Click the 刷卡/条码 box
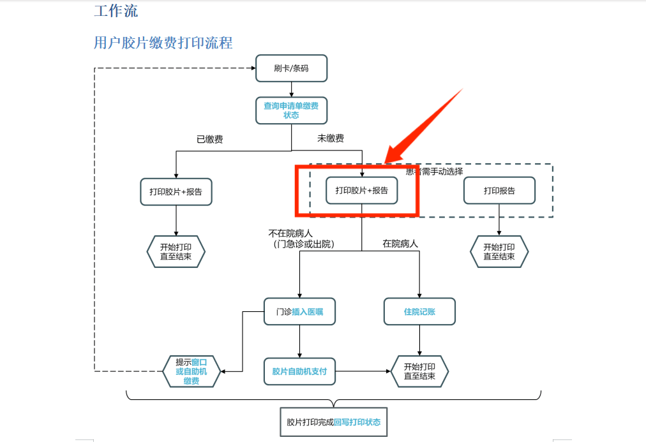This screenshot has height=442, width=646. click(x=291, y=68)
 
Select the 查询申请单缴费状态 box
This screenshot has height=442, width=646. click(x=291, y=110)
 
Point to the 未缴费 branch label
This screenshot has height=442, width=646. click(x=331, y=138)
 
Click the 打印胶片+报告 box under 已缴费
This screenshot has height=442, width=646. click(x=176, y=191)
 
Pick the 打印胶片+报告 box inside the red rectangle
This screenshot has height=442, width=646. click(x=361, y=190)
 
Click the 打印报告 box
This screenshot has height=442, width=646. click(x=499, y=190)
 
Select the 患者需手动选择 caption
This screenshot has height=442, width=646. click(x=435, y=171)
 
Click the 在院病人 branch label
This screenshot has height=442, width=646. click(x=400, y=243)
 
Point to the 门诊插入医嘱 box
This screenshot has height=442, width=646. click(x=299, y=312)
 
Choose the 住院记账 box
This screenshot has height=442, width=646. click(x=419, y=312)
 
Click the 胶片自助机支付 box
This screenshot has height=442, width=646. click(x=299, y=371)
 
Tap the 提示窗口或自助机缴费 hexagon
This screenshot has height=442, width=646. click(x=192, y=371)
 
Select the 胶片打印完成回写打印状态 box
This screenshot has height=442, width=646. click(x=334, y=422)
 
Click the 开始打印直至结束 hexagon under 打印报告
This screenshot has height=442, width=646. click(x=499, y=252)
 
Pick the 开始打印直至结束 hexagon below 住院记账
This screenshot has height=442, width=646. click(x=419, y=371)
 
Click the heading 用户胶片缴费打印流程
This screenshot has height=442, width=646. click(x=163, y=43)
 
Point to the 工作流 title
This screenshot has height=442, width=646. click(x=116, y=11)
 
